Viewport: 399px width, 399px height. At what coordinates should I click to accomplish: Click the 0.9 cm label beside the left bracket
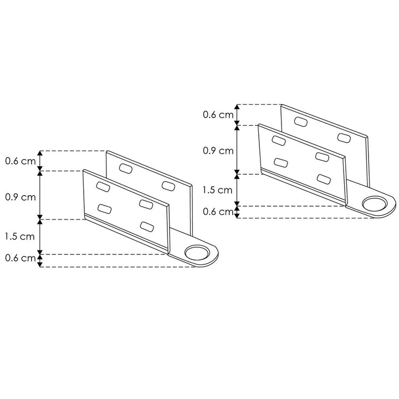click(21, 196)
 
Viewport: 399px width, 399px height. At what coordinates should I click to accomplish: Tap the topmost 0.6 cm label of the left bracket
click(21, 161)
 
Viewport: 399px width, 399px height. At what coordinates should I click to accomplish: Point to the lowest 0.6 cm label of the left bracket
click(21, 258)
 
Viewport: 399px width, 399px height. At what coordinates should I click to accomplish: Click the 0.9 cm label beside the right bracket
click(218, 150)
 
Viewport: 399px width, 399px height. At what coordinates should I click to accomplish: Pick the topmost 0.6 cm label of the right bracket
click(218, 115)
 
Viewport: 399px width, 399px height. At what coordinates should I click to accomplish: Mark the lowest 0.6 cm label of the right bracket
click(218, 211)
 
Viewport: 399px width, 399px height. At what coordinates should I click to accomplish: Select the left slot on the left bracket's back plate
click(125, 168)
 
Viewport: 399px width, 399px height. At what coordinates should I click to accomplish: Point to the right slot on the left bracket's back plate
click(167, 184)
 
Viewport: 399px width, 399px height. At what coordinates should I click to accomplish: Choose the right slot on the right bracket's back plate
click(343, 137)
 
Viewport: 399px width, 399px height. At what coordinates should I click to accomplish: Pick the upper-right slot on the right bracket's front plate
click(323, 156)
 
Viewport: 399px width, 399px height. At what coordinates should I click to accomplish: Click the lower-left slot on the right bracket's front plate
click(280, 162)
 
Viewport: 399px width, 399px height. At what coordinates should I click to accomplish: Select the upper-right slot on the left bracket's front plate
click(146, 204)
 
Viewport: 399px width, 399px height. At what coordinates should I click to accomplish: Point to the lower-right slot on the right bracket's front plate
click(323, 178)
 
